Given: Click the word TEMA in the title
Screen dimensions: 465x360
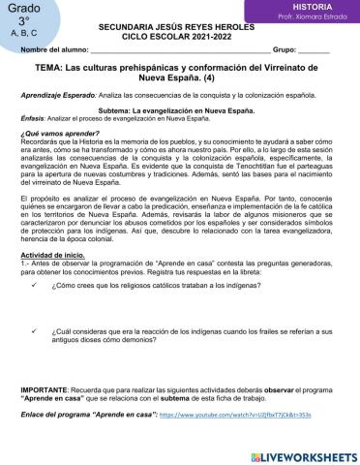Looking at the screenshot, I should pyautogui.click(x=48, y=71).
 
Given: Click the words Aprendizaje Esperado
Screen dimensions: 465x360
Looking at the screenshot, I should pyautogui.click(x=54, y=100).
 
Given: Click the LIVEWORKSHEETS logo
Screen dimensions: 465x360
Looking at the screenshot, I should pyautogui.click(x=307, y=454).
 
